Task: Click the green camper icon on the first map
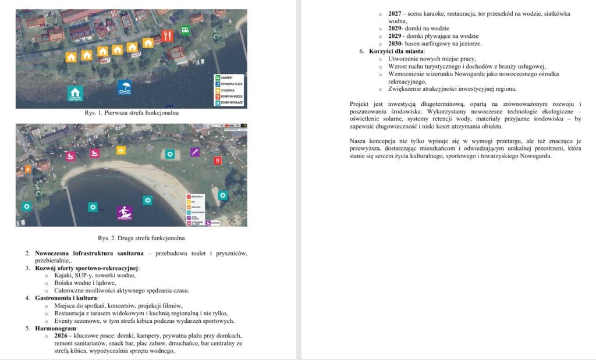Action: coord(185,30)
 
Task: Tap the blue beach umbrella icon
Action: coord(125,88)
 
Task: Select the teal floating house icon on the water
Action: coord(75,93)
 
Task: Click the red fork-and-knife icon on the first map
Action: coord(168,36)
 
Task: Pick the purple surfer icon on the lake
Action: coord(125,213)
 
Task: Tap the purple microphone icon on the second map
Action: coord(196,152)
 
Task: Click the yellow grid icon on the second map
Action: coord(120,151)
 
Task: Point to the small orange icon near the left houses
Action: coord(27,169)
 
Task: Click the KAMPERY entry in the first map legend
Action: coord(228,78)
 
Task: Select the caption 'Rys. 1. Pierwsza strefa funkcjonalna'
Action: coord(131,113)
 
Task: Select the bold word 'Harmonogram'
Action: coord(56,329)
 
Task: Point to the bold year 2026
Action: coord(61,336)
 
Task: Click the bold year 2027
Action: coord(396,13)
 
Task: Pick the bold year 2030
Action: coord(396,44)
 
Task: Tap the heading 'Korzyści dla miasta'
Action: coord(396,51)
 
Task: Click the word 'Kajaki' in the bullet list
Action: coord(65,276)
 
